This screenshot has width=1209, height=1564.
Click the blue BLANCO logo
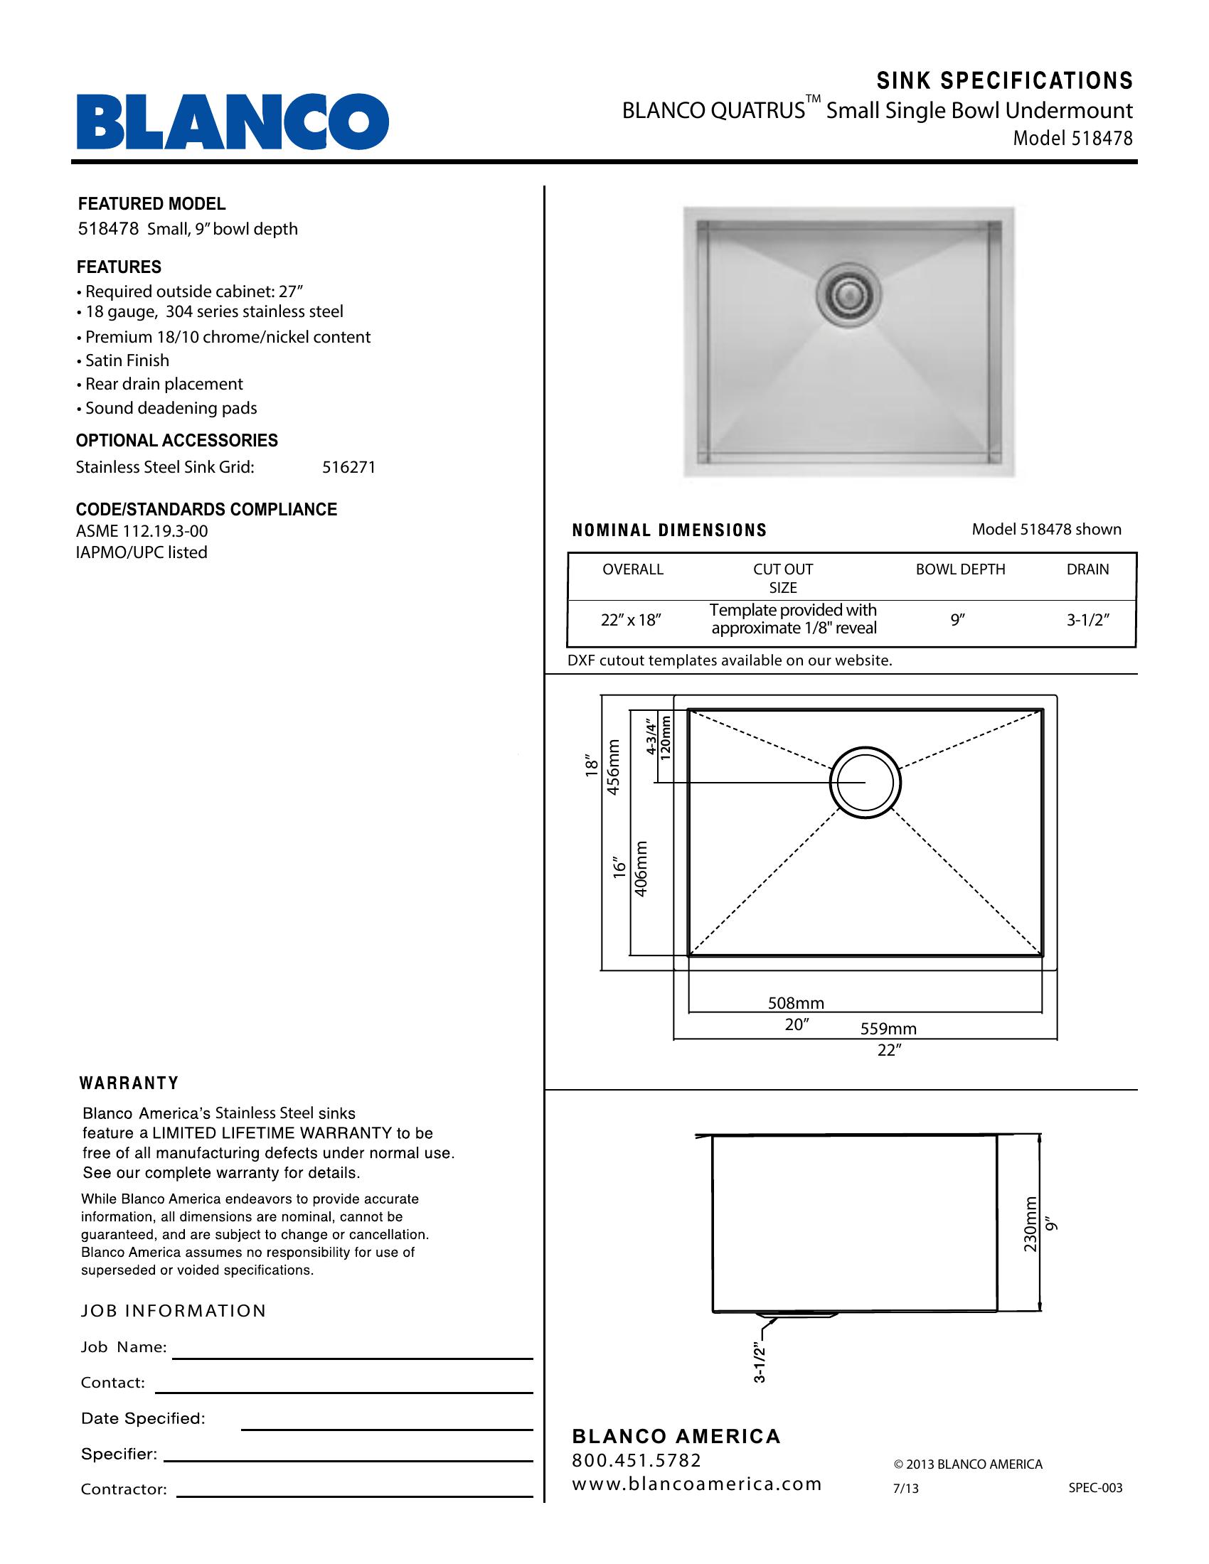[x=233, y=122]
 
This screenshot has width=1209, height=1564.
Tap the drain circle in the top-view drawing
[x=865, y=783]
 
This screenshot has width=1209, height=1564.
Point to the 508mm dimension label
[x=796, y=1003]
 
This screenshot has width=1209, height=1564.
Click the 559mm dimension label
[x=888, y=1029]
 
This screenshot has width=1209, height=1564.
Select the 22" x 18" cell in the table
[x=630, y=620]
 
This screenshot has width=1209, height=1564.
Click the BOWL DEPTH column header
[x=961, y=569]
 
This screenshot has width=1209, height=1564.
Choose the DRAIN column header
[x=1087, y=569]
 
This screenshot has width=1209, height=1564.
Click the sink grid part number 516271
[x=348, y=468]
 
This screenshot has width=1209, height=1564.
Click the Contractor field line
[x=355, y=1496]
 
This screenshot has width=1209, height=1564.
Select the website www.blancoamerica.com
[x=696, y=1484]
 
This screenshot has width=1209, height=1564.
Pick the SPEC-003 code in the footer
[x=1095, y=1488]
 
